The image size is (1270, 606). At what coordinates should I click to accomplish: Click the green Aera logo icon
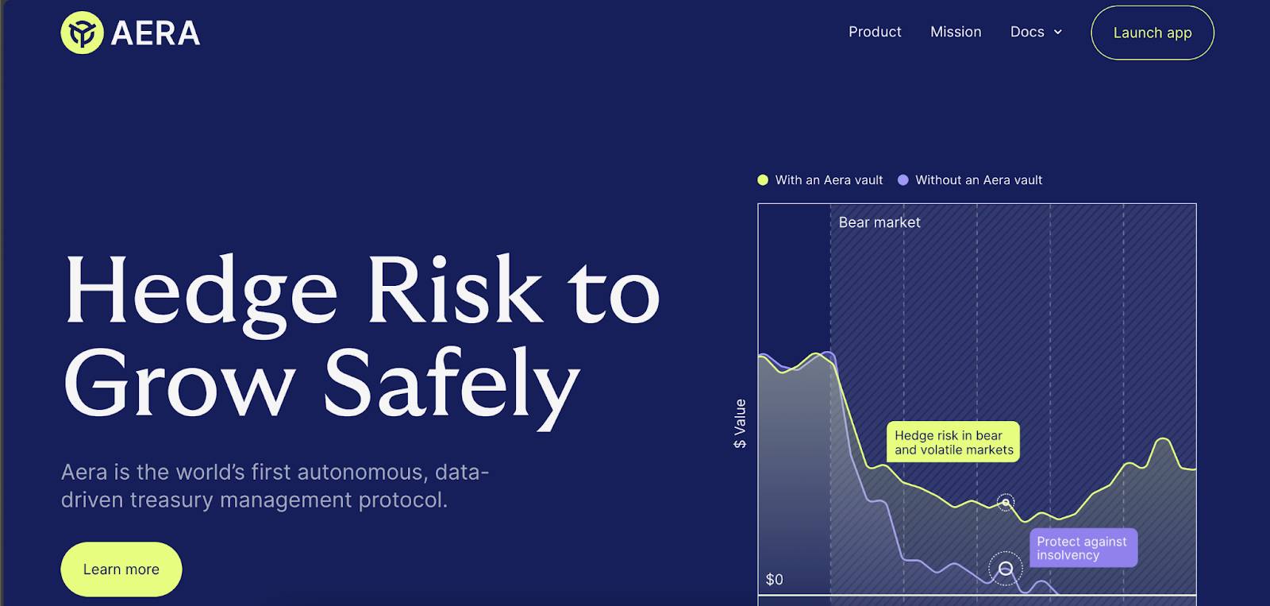click(83, 33)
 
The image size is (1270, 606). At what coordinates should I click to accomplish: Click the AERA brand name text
click(156, 33)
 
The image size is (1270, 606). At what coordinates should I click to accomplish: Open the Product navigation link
click(874, 32)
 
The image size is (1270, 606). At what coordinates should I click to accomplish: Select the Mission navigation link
click(956, 32)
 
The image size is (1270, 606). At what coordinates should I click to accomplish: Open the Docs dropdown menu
click(1027, 32)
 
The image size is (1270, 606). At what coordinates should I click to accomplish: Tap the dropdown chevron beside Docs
click(1057, 33)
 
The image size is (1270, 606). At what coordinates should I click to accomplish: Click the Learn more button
click(121, 569)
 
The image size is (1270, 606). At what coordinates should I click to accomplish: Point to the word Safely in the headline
click(452, 387)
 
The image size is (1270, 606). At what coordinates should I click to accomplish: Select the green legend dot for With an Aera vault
click(763, 179)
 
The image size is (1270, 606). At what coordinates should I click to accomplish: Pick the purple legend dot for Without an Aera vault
click(903, 179)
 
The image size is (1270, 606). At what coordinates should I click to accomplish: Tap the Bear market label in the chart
click(879, 222)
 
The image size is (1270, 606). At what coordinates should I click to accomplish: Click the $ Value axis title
click(740, 423)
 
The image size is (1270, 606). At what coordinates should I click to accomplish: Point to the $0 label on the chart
click(775, 579)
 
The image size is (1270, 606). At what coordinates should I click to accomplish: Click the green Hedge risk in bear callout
click(953, 442)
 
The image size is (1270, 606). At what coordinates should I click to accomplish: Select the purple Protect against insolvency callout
click(1083, 548)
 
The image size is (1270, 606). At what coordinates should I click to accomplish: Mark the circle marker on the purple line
click(1005, 568)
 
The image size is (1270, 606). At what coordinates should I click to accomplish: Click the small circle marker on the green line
click(1005, 502)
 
